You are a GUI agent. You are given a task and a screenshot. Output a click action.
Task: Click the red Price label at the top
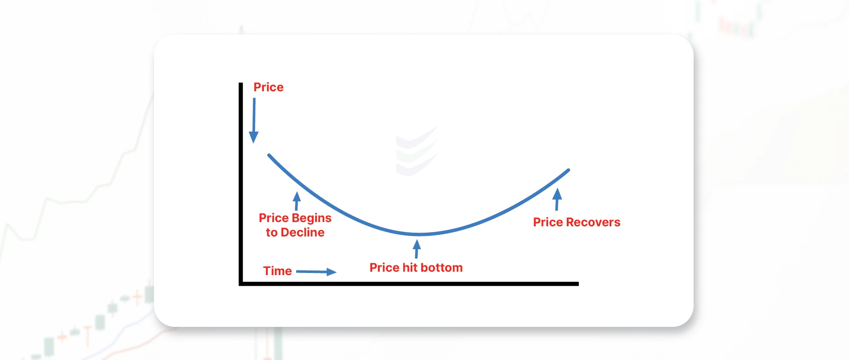[x=268, y=87]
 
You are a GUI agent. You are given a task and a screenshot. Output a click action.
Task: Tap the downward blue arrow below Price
[x=254, y=121]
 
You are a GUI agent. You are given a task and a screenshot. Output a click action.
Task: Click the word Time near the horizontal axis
[x=277, y=271]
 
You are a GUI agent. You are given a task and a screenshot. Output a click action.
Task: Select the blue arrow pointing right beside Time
[x=316, y=272]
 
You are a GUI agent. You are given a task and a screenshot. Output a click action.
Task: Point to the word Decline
[x=303, y=233]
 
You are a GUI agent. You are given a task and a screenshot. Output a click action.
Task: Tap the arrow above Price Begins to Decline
[x=297, y=201]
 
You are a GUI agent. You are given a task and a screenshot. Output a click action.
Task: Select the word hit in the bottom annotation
[x=410, y=267]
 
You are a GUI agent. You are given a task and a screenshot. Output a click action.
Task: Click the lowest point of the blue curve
[x=418, y=234]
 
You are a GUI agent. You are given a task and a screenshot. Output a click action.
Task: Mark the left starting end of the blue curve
[x=269, y=155]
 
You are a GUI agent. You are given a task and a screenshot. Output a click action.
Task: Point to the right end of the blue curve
[x=568, y=170]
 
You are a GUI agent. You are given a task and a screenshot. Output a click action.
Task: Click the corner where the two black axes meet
[x=241, y=284]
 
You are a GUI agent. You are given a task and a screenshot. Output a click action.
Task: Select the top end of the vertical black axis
[x=241, y=84]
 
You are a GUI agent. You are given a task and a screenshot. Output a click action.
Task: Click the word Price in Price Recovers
[x=548, y=222]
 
